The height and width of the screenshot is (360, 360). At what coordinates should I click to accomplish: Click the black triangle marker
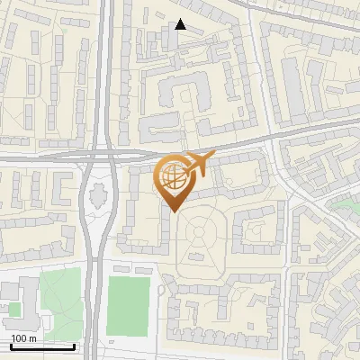pyautogui.click(x=181, y=24)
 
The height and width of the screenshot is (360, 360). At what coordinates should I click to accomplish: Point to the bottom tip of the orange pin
pyautogui.click(x=172, y=211)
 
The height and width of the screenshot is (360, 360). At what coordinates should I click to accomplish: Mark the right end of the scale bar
pyautogui.click(x=74, y=346)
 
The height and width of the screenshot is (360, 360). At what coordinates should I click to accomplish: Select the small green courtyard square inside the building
pyautogui.click(x=13, y=309)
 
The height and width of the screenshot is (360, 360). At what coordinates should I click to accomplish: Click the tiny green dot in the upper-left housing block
pyautogui.click(x=64, y=30)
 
